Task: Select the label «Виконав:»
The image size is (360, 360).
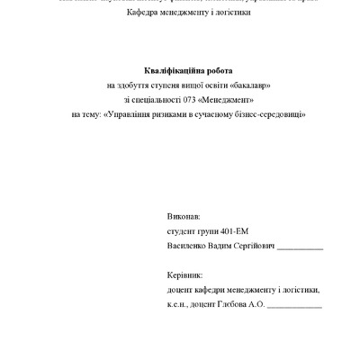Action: [x=184, y=218]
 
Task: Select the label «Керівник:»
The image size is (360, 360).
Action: [x=185, y=275]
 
